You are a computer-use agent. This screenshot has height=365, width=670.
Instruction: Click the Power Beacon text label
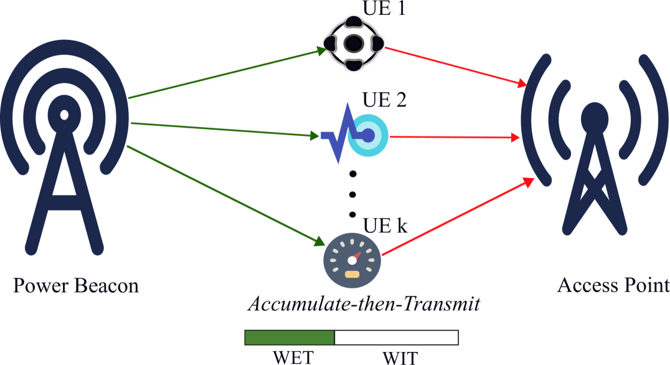pos(75,286)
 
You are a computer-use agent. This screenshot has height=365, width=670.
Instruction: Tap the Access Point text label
pos(613,285)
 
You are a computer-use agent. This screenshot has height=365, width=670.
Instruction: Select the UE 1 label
pos(384,9)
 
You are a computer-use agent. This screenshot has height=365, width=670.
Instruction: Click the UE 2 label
pos(384,100)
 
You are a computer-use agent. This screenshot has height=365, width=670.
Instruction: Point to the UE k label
pos(385,225)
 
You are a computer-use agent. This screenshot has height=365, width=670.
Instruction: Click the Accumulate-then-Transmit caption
pos(364,305)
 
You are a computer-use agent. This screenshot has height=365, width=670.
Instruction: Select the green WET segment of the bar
pos(290,338)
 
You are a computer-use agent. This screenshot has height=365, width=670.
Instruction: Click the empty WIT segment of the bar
pos(396,338)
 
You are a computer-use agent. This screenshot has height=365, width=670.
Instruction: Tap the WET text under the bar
pos(293,358)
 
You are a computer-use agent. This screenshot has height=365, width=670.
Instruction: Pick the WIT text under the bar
pos(400,358)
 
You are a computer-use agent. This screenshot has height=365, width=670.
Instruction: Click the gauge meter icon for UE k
pos(352,260)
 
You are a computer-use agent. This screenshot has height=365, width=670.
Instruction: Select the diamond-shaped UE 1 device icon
pos(354,44)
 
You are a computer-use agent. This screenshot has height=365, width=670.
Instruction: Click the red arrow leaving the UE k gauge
pos(458,217)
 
